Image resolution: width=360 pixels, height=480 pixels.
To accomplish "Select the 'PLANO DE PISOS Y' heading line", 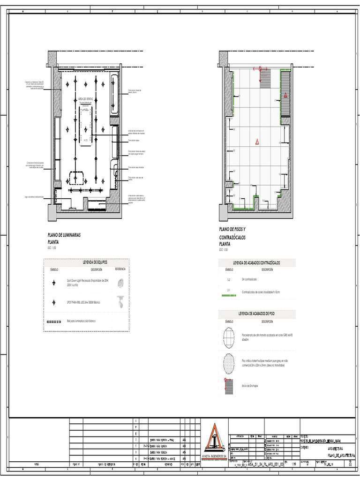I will point(233,229).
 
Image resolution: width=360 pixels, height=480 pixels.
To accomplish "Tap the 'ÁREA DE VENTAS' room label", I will point(85,99).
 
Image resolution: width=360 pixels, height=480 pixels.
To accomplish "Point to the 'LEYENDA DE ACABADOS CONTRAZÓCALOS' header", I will point(256,263).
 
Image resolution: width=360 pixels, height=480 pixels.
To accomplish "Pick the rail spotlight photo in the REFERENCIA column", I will point(121,302).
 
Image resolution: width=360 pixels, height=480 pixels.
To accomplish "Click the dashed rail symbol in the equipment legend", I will point(54,322).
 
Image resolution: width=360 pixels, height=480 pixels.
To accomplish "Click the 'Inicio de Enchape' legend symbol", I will point(229,385).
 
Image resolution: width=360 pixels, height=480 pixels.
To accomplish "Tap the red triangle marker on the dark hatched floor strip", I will point(285,95).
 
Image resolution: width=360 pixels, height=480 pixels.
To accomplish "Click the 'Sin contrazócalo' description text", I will point(249,279).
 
